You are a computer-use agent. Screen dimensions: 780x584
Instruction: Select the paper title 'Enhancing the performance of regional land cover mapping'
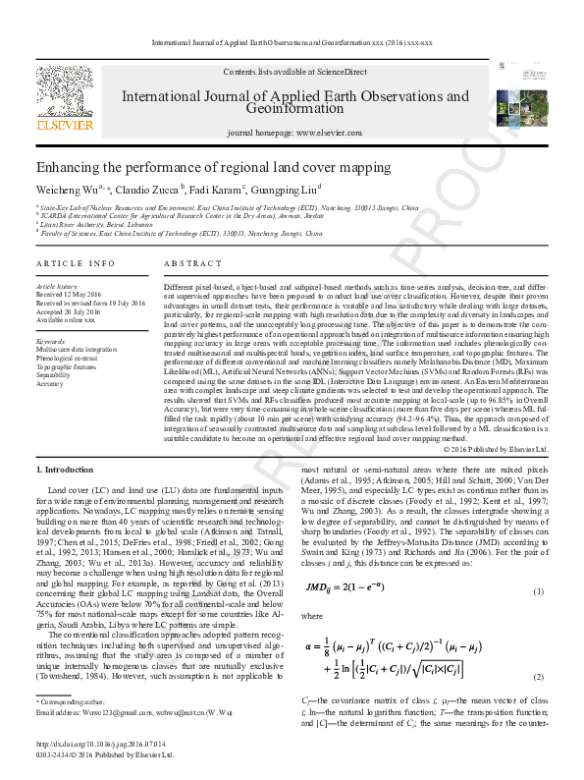coord(213,168)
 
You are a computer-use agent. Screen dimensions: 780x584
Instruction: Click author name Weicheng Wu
coord(69,190)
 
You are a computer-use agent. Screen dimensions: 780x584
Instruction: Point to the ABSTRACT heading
coord(186,264)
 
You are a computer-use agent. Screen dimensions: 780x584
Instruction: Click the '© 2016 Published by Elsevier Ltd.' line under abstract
coord(494,448)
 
